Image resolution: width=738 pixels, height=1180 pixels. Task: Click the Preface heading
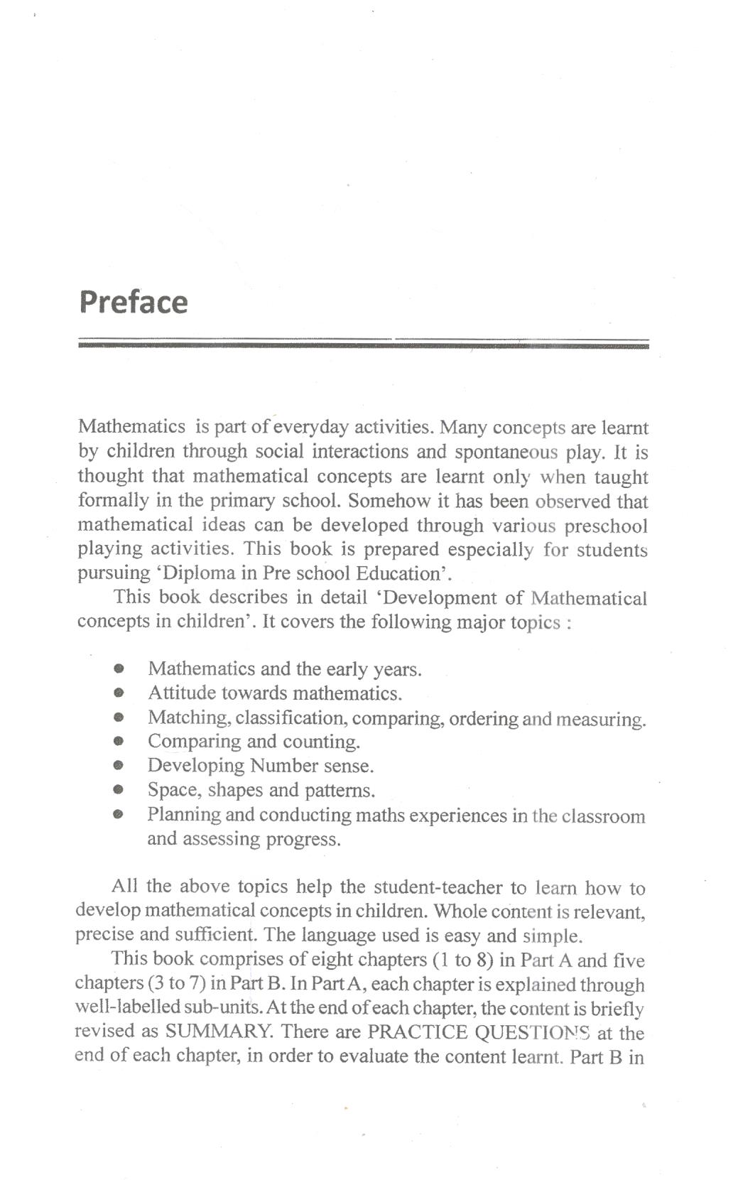134,302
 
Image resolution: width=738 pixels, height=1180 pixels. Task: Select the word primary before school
243,501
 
